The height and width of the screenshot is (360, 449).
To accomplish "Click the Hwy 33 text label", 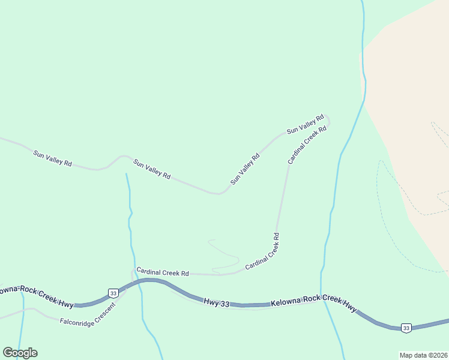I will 216,303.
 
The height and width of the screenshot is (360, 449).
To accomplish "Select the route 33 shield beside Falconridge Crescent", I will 113,293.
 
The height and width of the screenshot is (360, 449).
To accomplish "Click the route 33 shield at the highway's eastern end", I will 406,328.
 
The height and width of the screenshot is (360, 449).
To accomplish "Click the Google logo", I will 20,353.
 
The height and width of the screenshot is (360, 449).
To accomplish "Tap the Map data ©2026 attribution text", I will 423,355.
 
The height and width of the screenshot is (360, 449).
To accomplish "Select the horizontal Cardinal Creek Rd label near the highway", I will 163,272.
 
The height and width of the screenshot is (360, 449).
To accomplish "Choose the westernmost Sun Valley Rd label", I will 53,159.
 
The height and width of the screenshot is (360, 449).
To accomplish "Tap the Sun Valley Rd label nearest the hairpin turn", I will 305,124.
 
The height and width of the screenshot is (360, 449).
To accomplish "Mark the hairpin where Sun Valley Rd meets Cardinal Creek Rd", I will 328,121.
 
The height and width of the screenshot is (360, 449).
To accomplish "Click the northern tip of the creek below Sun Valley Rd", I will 126,175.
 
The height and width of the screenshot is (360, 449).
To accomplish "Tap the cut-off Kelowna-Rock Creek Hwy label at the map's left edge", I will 36,292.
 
